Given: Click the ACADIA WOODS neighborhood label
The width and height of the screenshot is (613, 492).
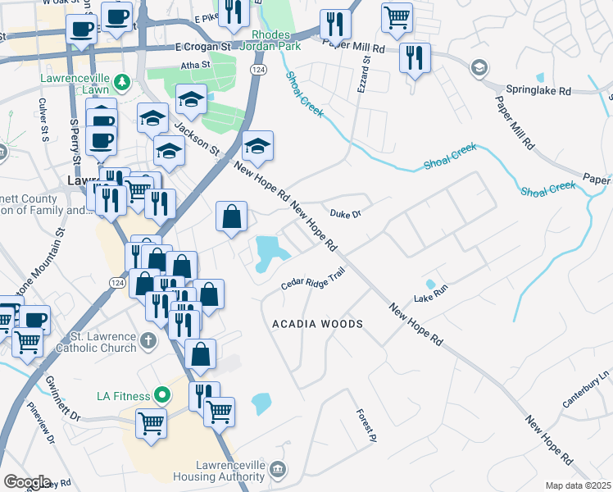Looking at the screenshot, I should click(317, 324).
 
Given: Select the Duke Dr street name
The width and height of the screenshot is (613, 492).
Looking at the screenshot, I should click(345, 213).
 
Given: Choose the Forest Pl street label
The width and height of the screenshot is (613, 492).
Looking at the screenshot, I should click(366, 422).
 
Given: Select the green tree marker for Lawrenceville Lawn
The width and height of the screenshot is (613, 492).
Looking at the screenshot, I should click(122, 81).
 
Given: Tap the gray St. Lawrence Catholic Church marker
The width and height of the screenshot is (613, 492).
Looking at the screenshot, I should click(148, 339).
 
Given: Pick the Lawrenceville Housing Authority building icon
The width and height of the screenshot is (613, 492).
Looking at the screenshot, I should click(279, 469).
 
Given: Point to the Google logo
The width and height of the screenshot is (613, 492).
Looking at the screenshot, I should click(27, 481).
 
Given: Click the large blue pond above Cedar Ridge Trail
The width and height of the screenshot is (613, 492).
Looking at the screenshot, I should click(266, 252).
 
